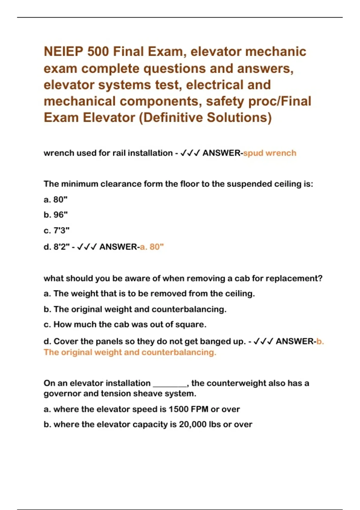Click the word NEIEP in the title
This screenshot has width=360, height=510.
[x=64, y=52]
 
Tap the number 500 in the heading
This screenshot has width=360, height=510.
[x=98, y=52]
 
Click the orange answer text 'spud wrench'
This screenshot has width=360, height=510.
[x=269, y=153]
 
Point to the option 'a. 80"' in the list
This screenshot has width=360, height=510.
[x=55, y=199]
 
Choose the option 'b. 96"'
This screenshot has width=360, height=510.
[x=55, y=215]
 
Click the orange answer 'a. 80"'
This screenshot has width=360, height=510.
[x=152, y=247]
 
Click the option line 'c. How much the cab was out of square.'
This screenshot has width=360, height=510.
[x=125, y=325]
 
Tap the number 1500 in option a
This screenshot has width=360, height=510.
[x=179, y=409]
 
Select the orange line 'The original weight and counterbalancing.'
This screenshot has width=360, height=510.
[x=130, y=352]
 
